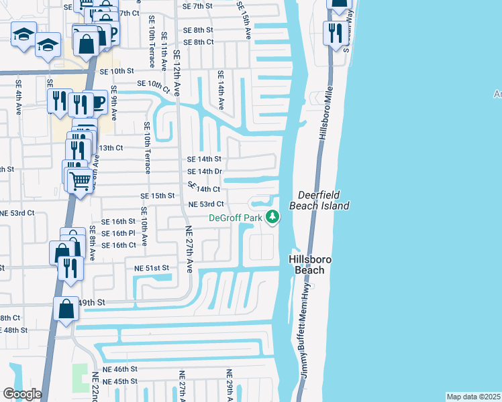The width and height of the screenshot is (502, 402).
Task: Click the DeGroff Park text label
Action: pos(235,218)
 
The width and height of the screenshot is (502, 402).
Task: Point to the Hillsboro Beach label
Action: pos(307,265)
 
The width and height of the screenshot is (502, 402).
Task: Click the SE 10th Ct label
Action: pos(154,84)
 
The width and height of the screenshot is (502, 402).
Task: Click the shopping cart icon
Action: pos(81,179)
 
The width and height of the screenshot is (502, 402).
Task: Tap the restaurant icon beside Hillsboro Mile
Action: pos(334,32)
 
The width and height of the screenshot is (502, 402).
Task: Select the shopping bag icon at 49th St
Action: pos(66,310)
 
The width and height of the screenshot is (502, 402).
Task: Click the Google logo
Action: pos(22,394)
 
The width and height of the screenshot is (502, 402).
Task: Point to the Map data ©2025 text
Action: pos(472,397)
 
